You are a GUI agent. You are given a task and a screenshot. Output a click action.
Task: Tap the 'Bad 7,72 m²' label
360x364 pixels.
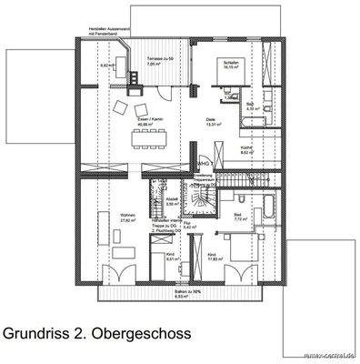240,217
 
